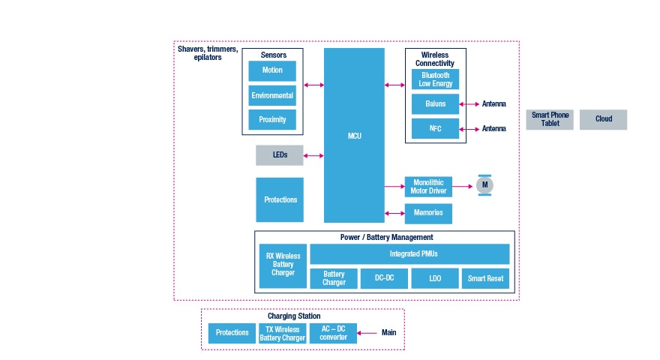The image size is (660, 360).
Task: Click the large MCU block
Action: tap(354, 136)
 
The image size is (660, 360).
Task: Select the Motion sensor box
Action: tap(272, 71)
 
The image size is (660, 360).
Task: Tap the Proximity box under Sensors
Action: tap(272, 120)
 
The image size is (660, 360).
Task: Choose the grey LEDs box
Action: tap(279, 155)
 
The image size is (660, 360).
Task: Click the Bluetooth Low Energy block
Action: tap(435, 79)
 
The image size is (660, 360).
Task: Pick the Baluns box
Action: tap(435, 104)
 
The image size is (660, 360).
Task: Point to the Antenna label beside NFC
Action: tap(493, 129)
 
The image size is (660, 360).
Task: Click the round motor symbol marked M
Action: tap(484, 184)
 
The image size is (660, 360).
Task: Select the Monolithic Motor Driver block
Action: tap(428, 187)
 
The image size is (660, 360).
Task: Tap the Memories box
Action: tap(428, 213)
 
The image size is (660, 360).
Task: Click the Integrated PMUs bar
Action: tap(409, 254)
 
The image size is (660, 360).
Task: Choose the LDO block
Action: tap(434, 278)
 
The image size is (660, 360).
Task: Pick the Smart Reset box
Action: tap(485, 278)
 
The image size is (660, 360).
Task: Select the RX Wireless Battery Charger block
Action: tap(283, 265)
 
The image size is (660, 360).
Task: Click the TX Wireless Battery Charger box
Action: tap(282, 333)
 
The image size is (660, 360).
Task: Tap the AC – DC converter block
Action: tap(333, 333)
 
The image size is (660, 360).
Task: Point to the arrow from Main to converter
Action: tap(368, 333)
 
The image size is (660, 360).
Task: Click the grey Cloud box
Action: tap(603, 119)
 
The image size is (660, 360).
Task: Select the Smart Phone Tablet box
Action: tap(550, 119)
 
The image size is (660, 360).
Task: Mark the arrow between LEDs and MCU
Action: tap(313, 156)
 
